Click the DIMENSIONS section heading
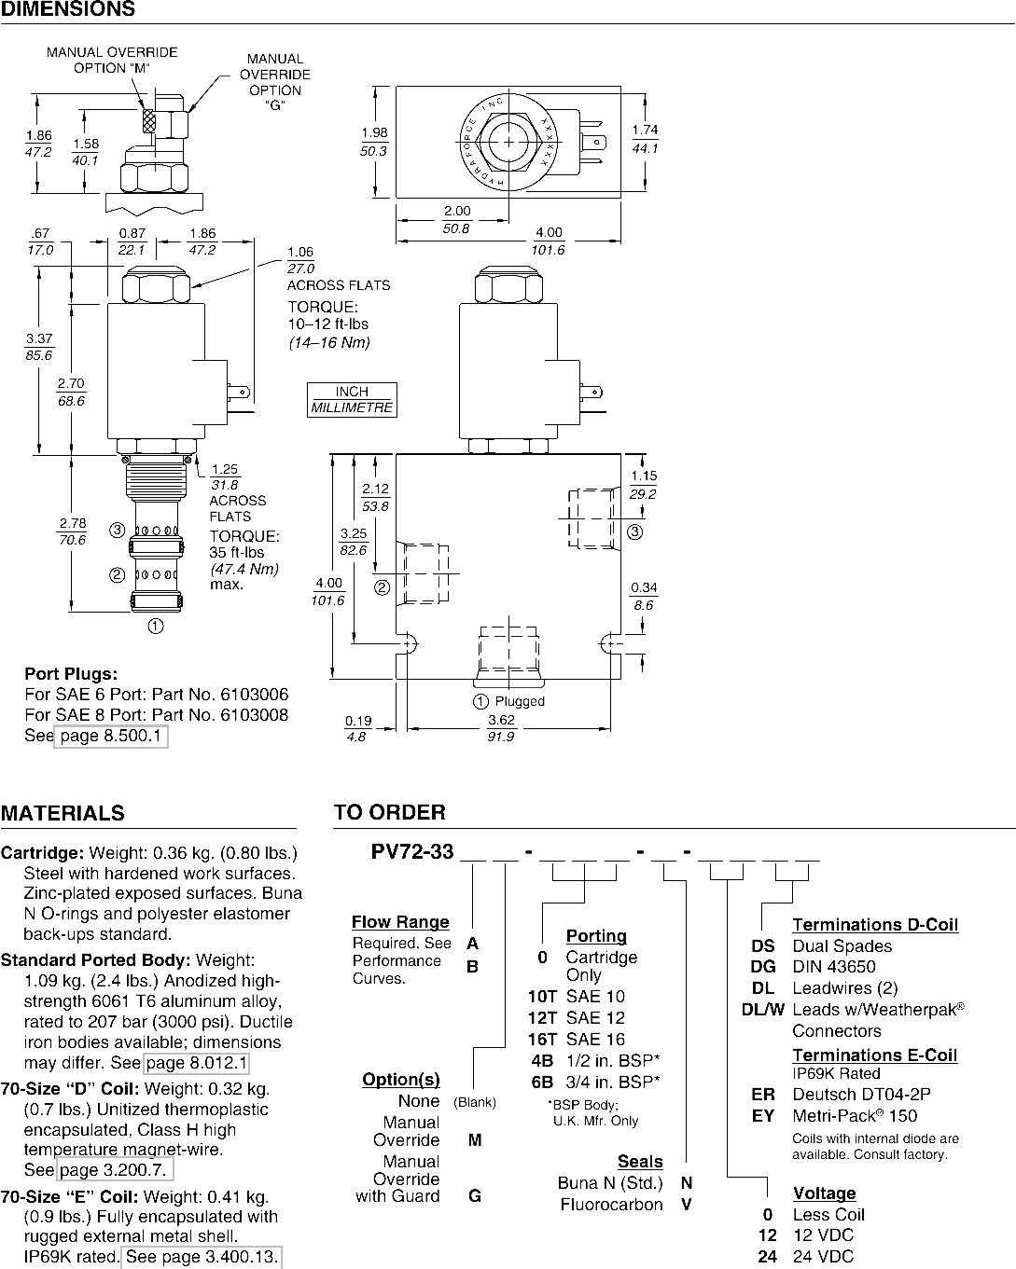pos(68,8)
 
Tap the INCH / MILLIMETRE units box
pos(352,400)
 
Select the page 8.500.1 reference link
pos(111,737)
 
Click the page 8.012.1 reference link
pos(197,1063)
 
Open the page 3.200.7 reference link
pos(115,1169)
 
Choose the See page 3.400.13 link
pos(202,1256)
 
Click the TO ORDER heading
pos(389,812)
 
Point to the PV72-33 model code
pos(412,851)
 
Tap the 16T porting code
pos(542,1039)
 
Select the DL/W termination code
pos(763,1010)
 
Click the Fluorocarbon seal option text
pos(611,1204)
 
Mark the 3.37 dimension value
pos(39,338)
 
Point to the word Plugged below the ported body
pos(520,701)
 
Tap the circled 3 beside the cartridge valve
pos(118,531)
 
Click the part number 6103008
pos(255,715)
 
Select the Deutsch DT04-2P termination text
pos(861,1094)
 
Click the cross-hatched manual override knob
pos(149,122)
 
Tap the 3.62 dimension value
pos(502,720)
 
